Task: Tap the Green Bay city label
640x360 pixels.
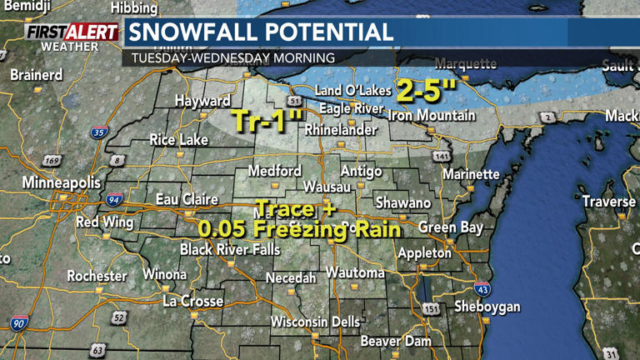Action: click(450, 227)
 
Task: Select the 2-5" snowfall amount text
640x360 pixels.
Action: click(427, 89)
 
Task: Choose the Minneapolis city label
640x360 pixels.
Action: click(62, 182)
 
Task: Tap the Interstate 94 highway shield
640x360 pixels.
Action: click(113, 199)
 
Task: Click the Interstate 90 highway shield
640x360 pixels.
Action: click(18, 322)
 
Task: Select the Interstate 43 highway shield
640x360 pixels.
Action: click(482, 289)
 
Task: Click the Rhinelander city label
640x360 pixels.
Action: click(339, 130)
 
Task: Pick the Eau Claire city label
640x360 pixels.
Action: click(187, 200)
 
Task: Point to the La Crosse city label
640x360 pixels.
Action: click(192, 301)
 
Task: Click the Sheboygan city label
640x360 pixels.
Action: click(487, 307)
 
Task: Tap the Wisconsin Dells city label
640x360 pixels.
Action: click(315, 322)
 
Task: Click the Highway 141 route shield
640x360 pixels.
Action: click(442, 157)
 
